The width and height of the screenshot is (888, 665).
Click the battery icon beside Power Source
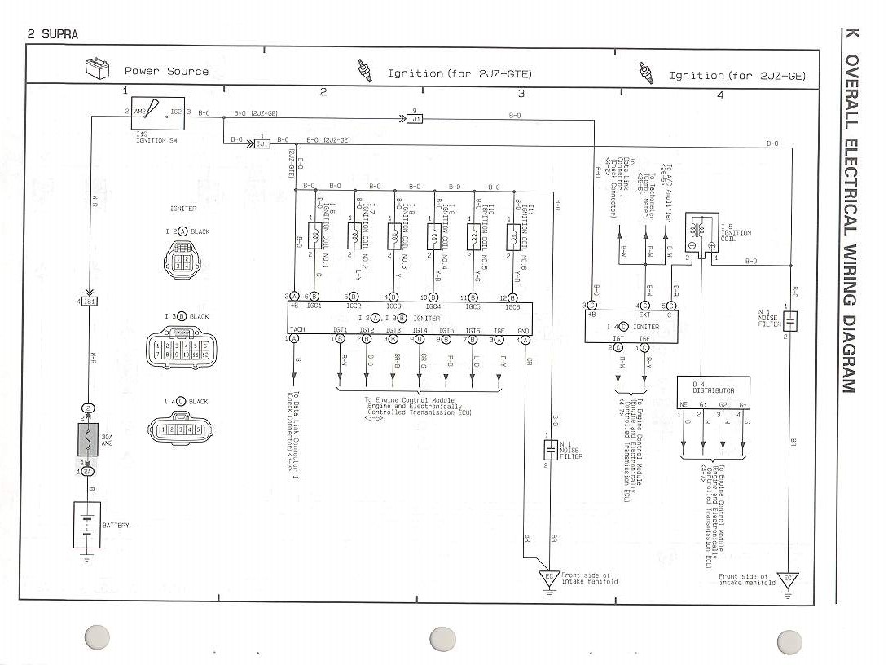click(x=98, y=69)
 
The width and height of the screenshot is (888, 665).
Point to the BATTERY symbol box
click(x=86, y=525)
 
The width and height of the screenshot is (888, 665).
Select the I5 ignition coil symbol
click(x=699, y=231)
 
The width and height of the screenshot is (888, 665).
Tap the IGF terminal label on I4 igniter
click(x=644, y=337)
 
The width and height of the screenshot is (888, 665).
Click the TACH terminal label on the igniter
click(x=297, y=330)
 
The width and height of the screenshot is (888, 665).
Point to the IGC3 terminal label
click(x=393, y=307)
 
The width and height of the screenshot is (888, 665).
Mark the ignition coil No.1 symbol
click(x=313, y=236)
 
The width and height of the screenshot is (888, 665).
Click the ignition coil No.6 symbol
click(x=513, y=236)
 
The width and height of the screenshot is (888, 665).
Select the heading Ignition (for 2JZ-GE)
click(x=736, y=75)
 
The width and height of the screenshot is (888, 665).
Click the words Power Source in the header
click(x=166, y=71)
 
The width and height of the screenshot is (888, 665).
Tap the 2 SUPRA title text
click(x=54, y=34)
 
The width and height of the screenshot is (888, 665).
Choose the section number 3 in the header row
click(x=521, y=93)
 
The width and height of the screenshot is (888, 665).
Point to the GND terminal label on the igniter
click(x=524, y=330)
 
